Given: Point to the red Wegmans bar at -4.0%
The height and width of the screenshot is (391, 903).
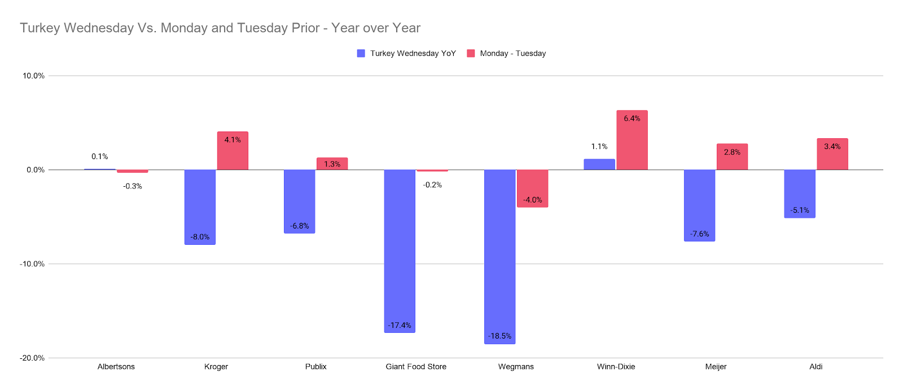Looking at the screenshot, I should click(532, 188).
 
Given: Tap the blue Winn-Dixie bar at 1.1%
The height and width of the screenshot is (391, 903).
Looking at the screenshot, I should click(599, 164).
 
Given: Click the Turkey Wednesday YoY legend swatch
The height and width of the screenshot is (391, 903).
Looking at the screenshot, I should click(361, 54).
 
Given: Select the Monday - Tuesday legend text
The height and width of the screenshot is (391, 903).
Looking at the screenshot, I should click(513, 54).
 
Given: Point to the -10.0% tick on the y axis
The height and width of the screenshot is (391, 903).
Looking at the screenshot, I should click(33, 264).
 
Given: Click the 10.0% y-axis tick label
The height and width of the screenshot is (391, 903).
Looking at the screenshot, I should click(33, 76).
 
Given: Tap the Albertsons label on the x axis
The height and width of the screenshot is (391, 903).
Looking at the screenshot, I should click(116, 367).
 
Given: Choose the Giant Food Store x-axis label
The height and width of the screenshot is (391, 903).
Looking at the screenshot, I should click(416, 367).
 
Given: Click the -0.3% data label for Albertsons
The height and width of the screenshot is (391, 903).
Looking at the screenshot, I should click(133, 186).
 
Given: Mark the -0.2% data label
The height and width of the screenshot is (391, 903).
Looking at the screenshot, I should click(432, 185).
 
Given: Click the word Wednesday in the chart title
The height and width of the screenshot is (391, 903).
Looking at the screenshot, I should click(99, 28).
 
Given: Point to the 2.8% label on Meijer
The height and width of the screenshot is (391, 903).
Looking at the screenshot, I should click(732, 152).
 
